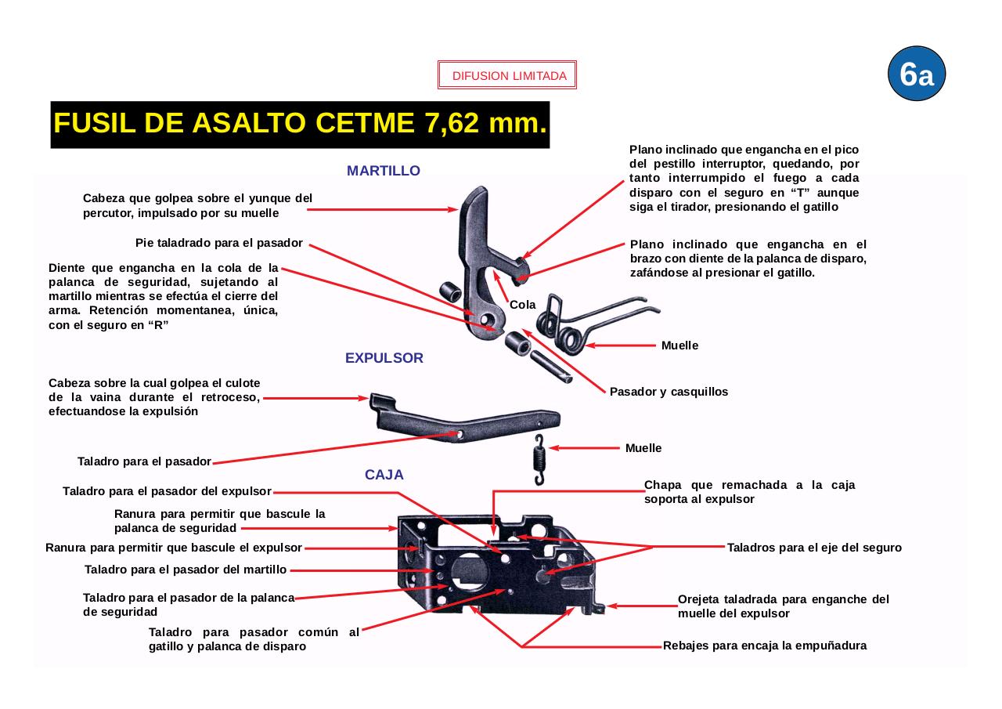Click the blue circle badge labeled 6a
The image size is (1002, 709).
(917, 74)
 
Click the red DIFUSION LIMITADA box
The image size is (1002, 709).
(507, 76)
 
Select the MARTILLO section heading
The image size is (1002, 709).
(384, 171)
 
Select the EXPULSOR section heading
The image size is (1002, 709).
(384, 358)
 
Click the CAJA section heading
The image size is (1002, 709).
(384, 475)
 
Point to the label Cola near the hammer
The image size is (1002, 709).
(523, 305)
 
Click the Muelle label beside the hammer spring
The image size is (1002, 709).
(679, 345)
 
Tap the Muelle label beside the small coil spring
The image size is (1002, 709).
(643, 448)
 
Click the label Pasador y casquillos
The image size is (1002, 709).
(669, 392)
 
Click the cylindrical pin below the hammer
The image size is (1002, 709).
(551, 367)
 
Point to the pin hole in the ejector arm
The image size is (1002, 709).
(460, 433)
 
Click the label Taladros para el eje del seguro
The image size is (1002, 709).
(814, 548)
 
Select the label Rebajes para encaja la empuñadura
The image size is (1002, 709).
(764, 646)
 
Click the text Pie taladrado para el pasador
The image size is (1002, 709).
(219, 243)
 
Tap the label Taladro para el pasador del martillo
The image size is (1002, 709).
(186, 570)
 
